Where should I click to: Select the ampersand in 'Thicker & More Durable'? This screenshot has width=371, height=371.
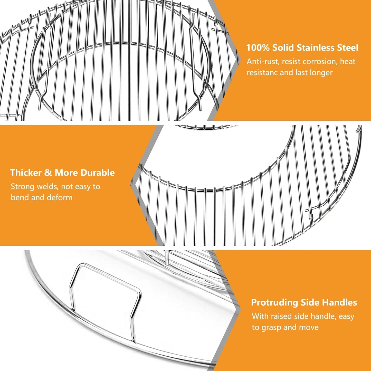coord(48,173)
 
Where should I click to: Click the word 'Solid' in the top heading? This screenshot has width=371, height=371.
coord(284,48)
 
